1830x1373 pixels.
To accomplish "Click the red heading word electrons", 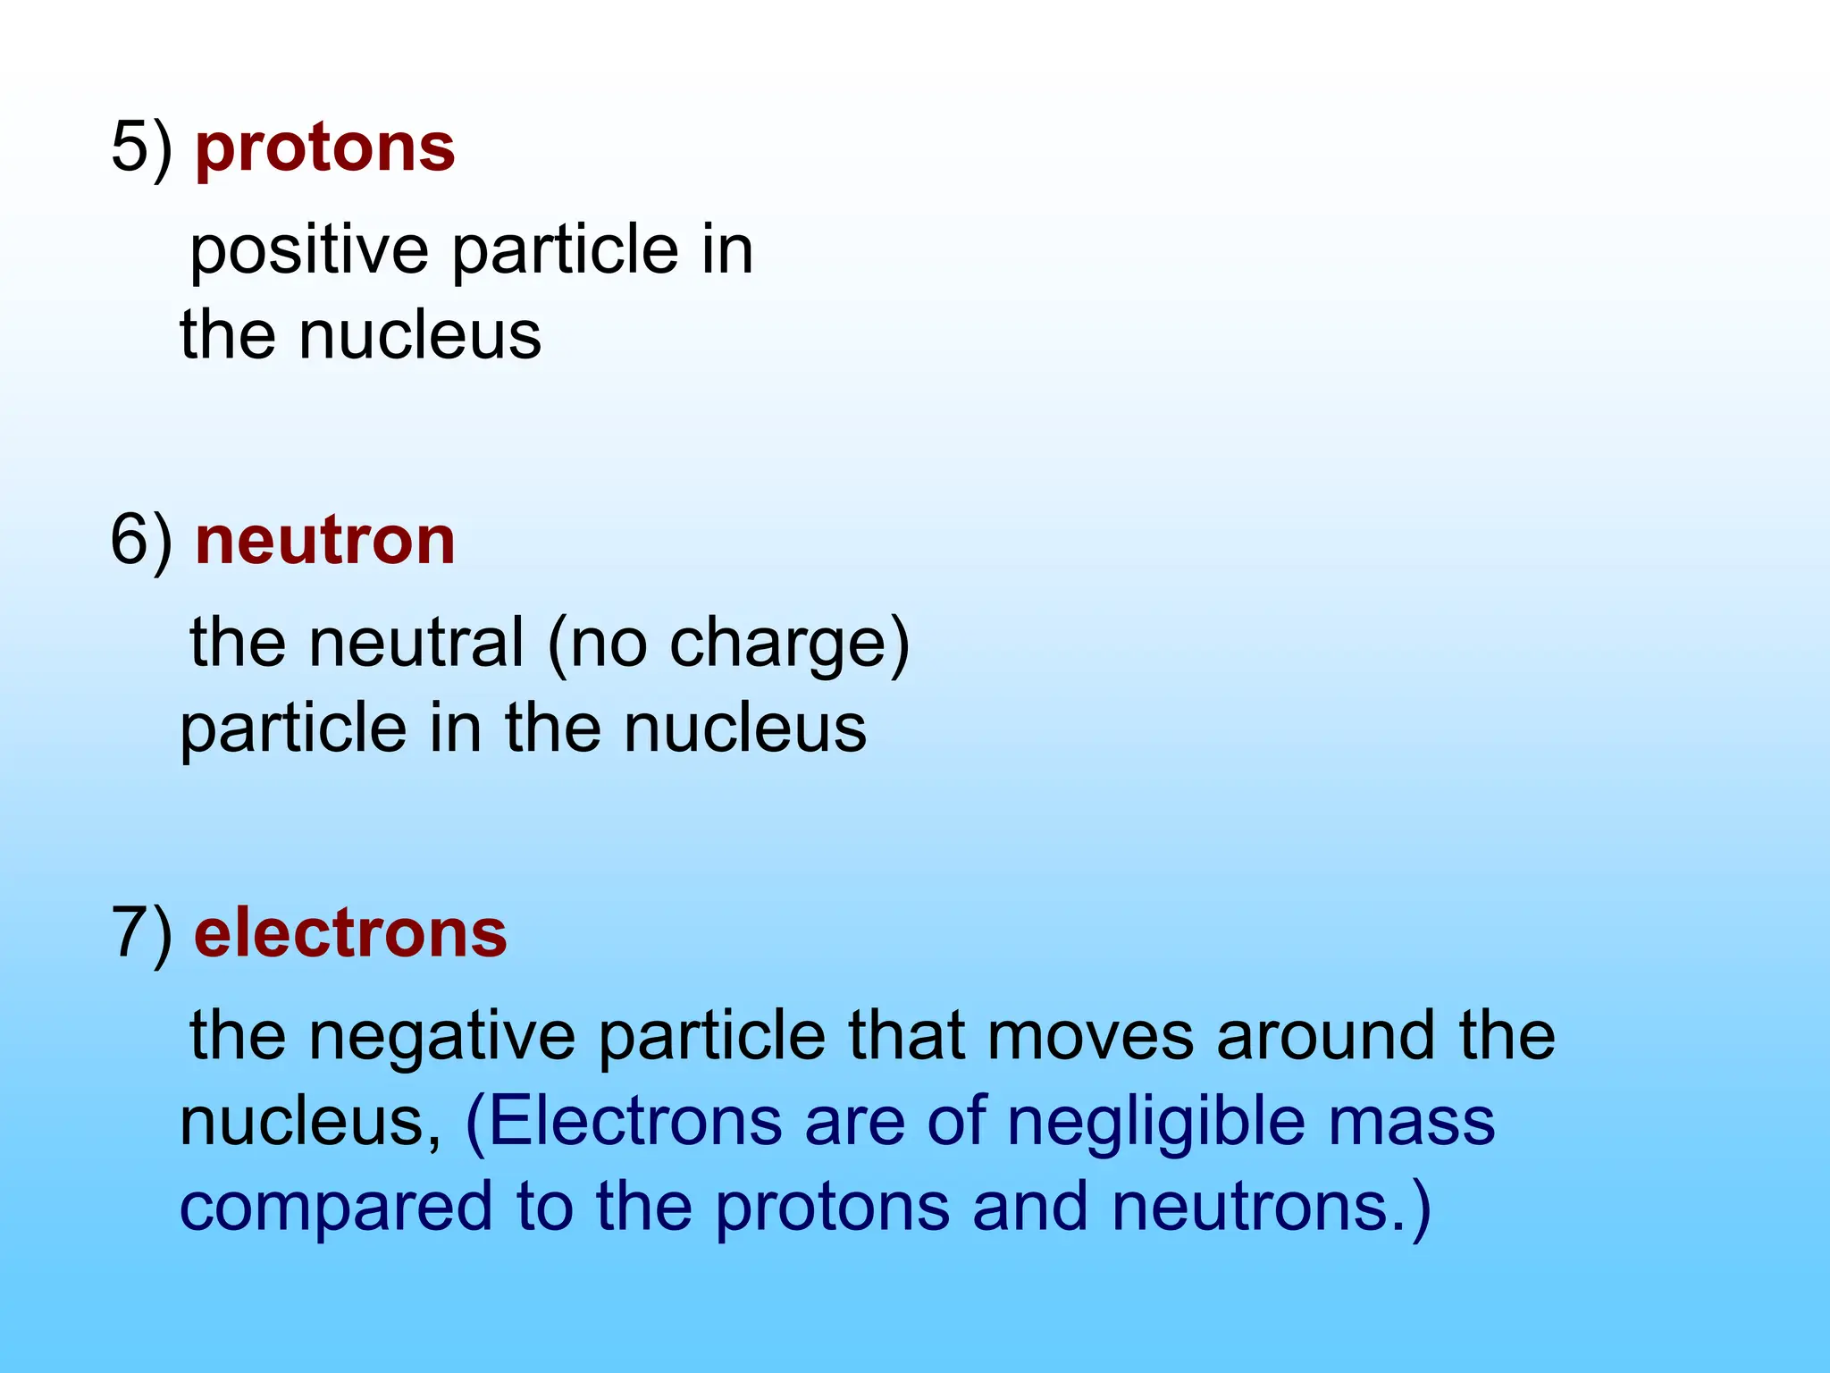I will [x=350, y=934].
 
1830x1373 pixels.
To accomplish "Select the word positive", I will [x=309, y=252].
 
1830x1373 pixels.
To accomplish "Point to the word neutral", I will [x=416, y=643].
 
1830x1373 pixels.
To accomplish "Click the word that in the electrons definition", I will [x=906, y=1037].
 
